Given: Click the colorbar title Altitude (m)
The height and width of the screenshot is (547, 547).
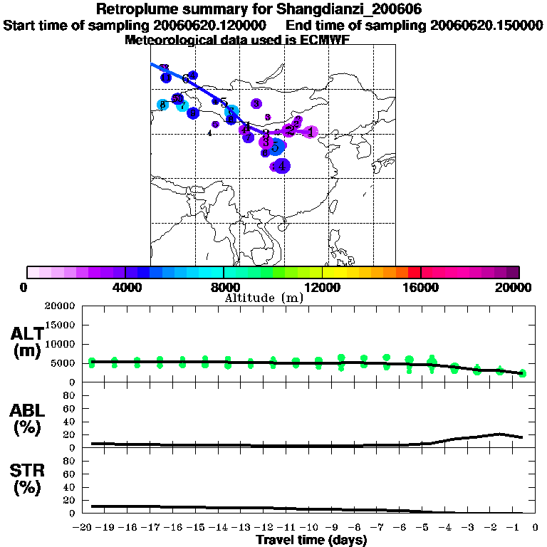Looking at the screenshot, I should point(264,298).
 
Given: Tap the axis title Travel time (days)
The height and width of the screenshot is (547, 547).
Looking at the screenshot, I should point(311,540).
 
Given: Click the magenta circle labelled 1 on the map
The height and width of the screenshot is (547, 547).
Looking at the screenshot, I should point(311,132).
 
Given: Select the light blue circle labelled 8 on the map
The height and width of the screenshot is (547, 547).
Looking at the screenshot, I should point(163,105).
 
